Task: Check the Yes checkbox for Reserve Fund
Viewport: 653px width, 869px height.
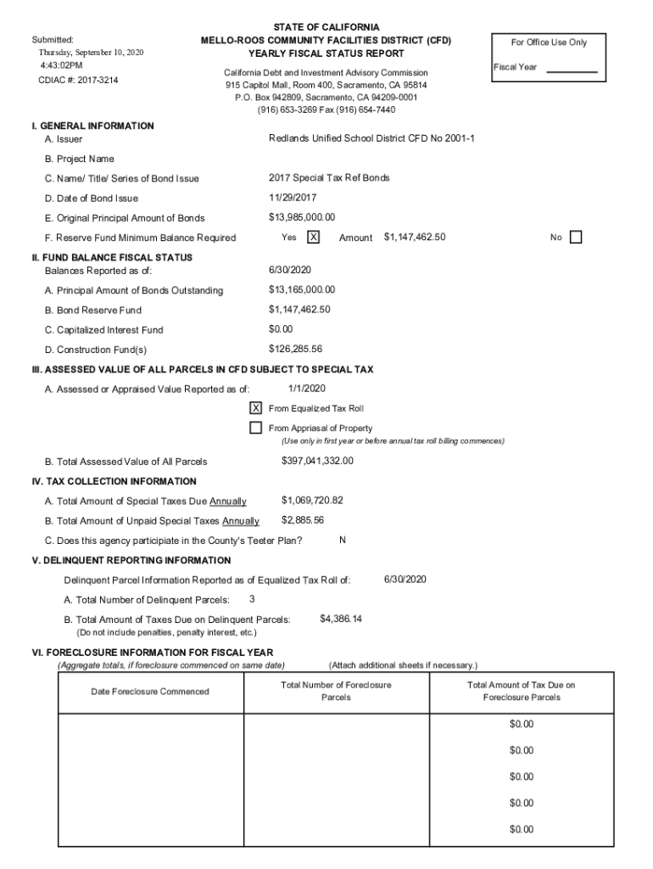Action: click(313, 238)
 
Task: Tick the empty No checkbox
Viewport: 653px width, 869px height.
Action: click(576, 238)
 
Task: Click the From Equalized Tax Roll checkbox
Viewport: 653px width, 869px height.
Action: click(255, 407)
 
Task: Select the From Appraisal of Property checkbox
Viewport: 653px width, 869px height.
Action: click(255, 428)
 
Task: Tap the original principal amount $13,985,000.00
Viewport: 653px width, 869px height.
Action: click(302, 217)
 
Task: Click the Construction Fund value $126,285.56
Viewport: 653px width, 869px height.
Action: click(295, 349)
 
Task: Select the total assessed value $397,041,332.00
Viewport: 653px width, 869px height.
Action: click(317, 461)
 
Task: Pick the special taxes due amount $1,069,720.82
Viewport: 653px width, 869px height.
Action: click(312, 501)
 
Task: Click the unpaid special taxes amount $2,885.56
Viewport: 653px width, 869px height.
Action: click(303, 520)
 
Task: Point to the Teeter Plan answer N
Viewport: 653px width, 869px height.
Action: click(342, 540)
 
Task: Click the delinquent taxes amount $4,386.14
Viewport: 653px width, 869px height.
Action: click(341, 619)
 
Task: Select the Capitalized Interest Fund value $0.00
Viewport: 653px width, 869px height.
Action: click(281, 329)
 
